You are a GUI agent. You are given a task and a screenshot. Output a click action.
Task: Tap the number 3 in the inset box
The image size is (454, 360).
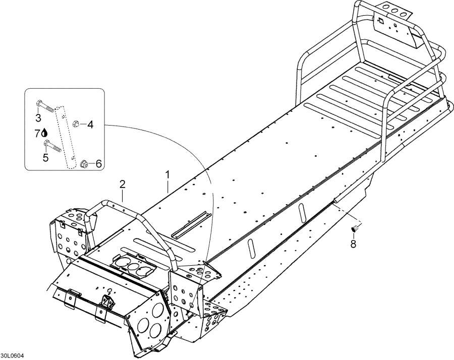tap(38, 118)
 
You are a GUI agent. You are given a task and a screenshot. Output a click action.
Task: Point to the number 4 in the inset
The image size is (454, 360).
tap(90, 124)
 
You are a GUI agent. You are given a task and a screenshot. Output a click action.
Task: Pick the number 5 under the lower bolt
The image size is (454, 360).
tap(45, 157)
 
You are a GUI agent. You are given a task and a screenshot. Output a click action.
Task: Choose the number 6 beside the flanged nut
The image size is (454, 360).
tap(98, 163)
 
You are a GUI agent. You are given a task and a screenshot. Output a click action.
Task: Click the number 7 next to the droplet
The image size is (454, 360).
tap(37, 133)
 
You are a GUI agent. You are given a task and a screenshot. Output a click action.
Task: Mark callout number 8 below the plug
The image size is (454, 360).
tap(353, 244)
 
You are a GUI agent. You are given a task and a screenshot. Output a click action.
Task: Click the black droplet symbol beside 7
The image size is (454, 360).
tap(45, 133)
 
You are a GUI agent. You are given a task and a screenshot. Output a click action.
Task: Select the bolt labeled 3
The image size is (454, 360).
tap(45, 106)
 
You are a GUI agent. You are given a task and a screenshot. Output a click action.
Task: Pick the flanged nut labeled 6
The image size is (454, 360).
tap(85, 163)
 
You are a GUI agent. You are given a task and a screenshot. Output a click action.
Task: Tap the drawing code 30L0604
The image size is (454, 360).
tap(12, 355)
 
